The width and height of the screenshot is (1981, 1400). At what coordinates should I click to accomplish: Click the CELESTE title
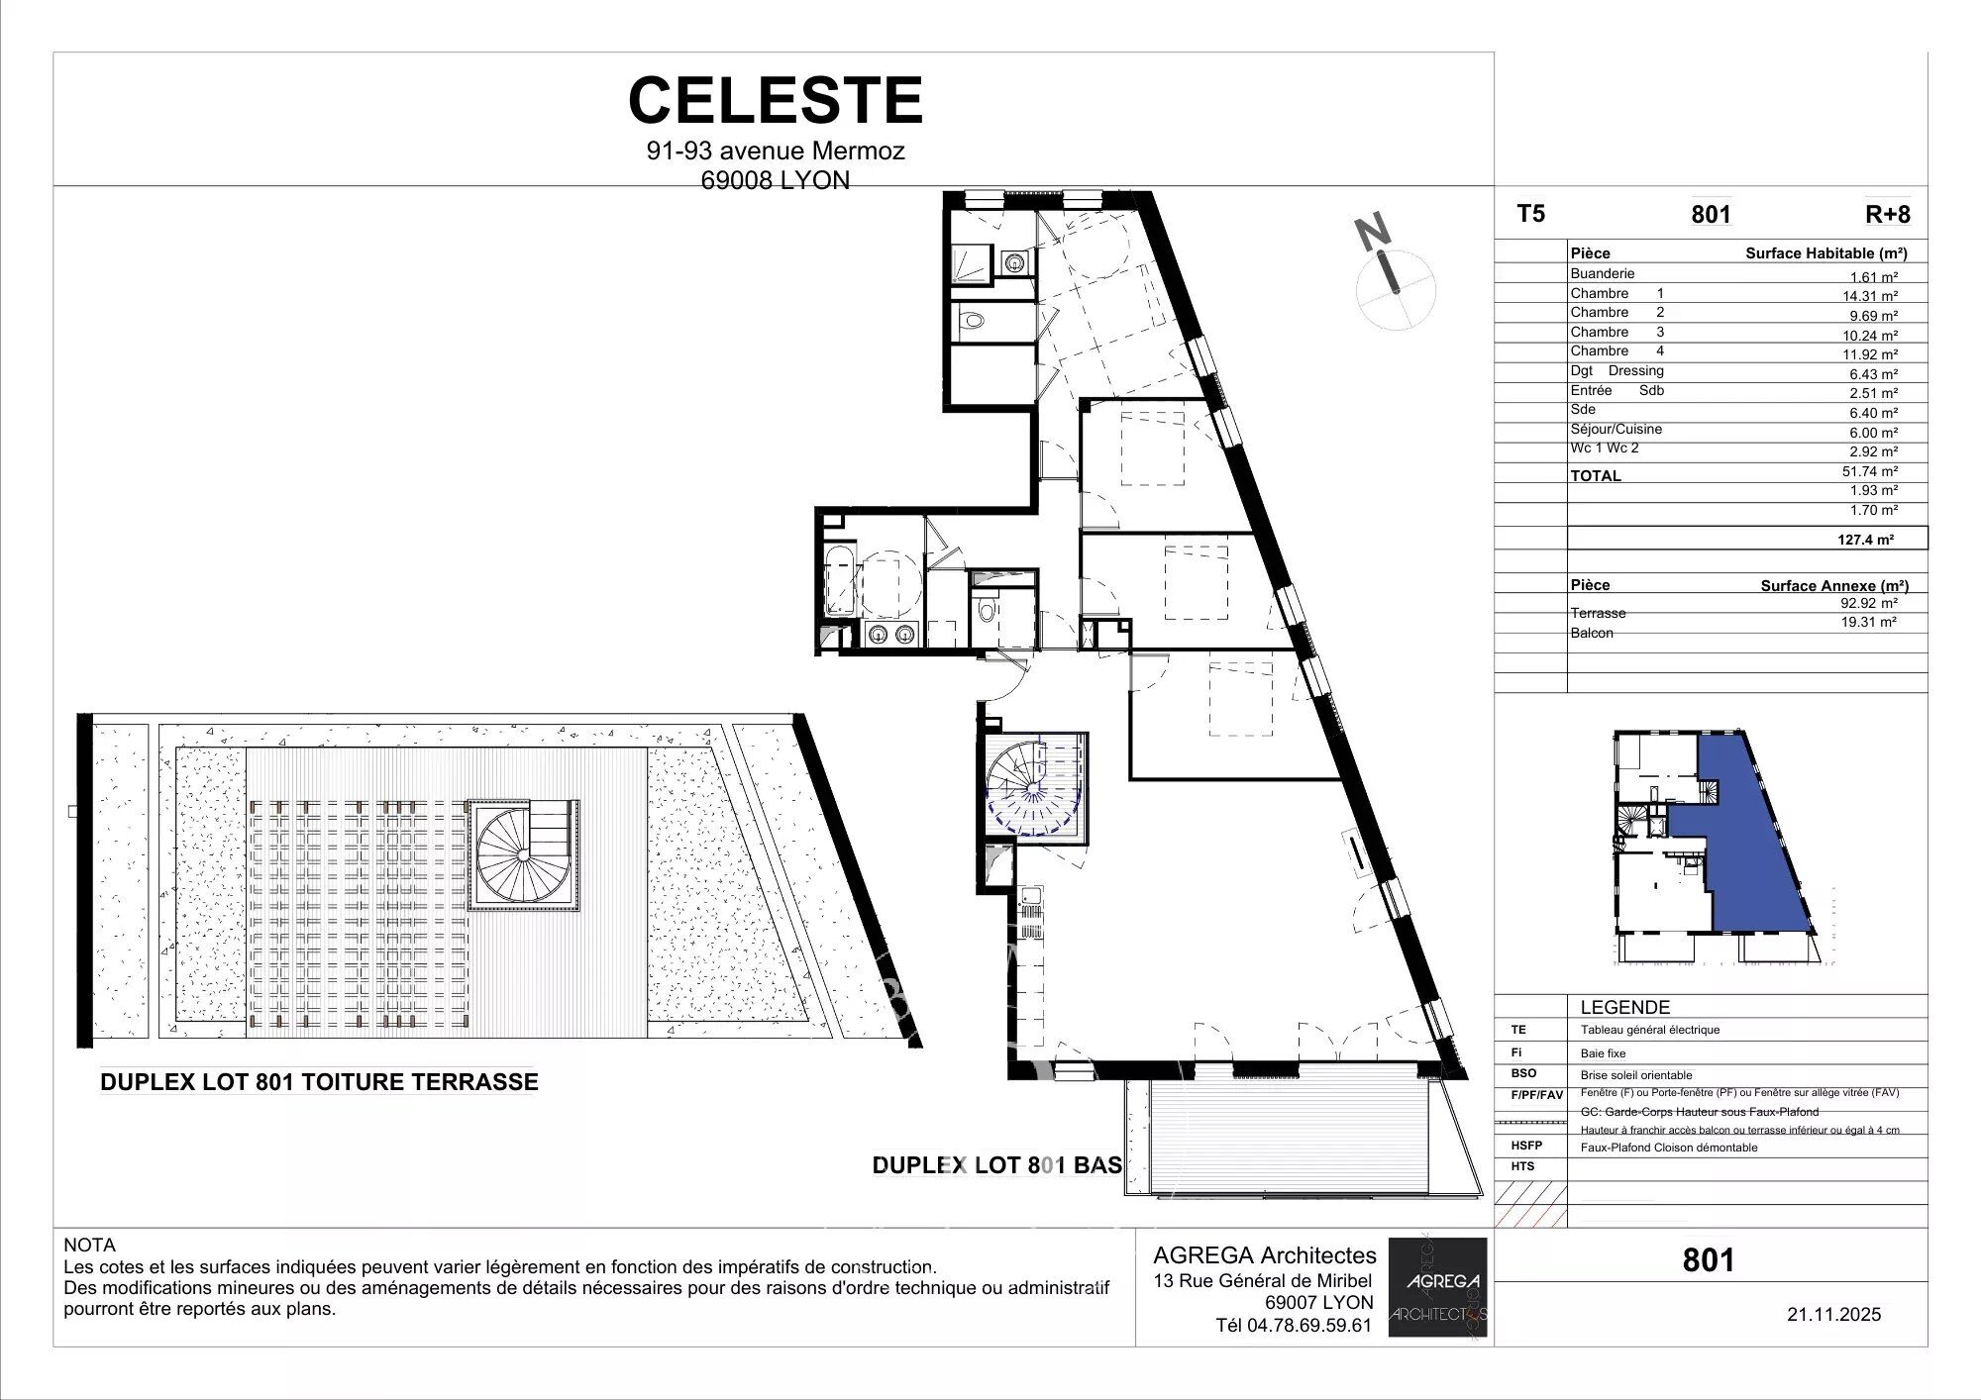point(776,100)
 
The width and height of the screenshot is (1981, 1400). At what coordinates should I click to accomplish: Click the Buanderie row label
point(1602,273)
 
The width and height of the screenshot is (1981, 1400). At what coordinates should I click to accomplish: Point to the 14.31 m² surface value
point(1870,296)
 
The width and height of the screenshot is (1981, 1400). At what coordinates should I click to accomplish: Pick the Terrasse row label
point(1598,613)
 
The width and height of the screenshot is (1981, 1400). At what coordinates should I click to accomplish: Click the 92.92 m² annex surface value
point(1869,602)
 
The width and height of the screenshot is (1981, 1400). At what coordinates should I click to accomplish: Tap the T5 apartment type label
point(1530,214)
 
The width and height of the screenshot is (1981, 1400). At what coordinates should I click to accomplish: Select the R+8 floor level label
point(1887,215)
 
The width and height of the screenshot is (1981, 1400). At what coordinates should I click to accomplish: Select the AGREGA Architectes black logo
point(1437,1286)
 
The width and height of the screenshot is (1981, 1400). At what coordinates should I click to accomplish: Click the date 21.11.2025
point(1833,1315)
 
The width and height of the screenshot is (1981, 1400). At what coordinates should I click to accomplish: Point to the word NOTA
point(90,1245)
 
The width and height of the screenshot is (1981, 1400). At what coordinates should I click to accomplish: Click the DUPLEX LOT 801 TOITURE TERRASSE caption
point(319,1082)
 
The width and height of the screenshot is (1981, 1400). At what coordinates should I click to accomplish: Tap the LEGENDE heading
point(1624,1007)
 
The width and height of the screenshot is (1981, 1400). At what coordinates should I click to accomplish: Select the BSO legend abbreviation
point(1523,1073)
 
